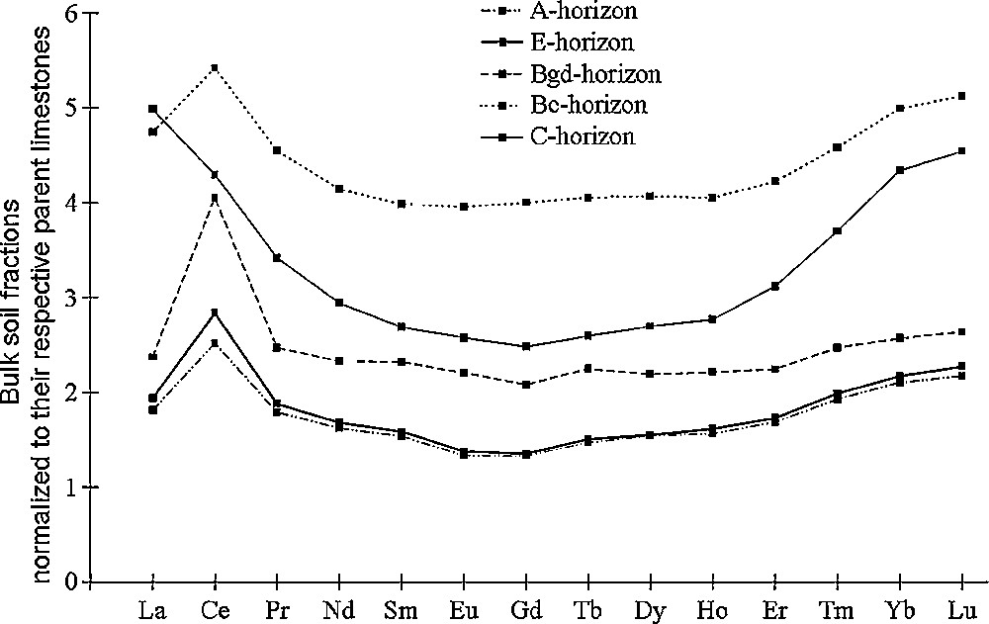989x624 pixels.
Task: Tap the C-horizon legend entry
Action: [584, 135]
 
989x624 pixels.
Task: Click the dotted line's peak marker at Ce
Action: [215, 68]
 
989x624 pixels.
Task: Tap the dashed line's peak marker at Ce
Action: [215, 198]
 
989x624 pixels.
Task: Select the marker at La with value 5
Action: [152, 109]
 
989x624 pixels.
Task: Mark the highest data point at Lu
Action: [962, 96]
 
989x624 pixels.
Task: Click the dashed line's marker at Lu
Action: [962, 331]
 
